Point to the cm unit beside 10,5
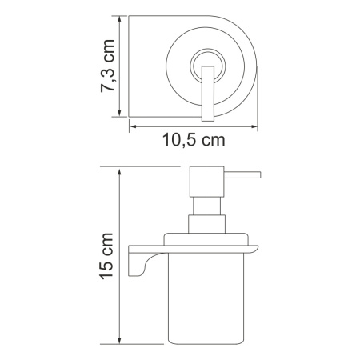point(209,141)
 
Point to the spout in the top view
point(210,96)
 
